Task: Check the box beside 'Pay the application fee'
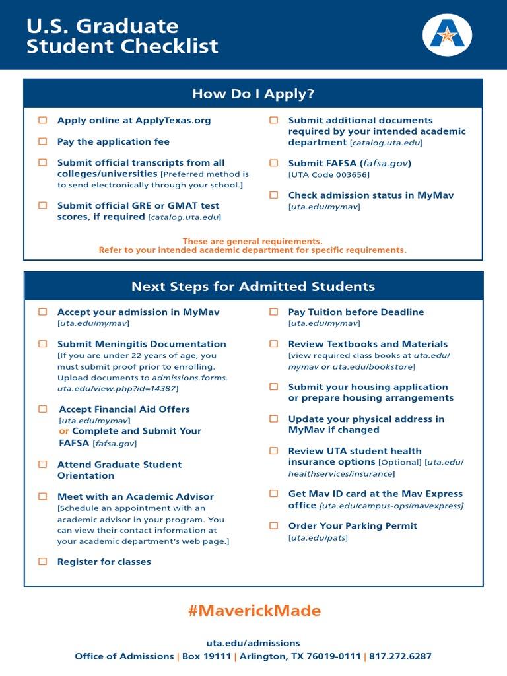tap(43, 141)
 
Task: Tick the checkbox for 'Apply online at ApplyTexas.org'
tap(43, 120)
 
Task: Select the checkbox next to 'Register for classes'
tap(43, 562)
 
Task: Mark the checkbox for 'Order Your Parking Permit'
tap(273, 525)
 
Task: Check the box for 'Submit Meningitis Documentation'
tap(43, 344)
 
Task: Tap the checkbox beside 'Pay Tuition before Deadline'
tap(273, 312)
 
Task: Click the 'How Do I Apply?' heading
tap(253, 94)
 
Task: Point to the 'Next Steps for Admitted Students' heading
tap(253, 287)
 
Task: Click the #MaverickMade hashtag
tap(253, 611)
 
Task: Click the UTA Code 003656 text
tap(329, 174)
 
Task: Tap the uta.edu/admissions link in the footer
tap(253, 643)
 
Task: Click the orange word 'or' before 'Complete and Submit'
tap(64, 431)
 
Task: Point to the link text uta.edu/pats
tap(318, 538)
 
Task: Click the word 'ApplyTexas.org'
tap(173, 120)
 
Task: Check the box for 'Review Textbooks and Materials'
tap(273, 344)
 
